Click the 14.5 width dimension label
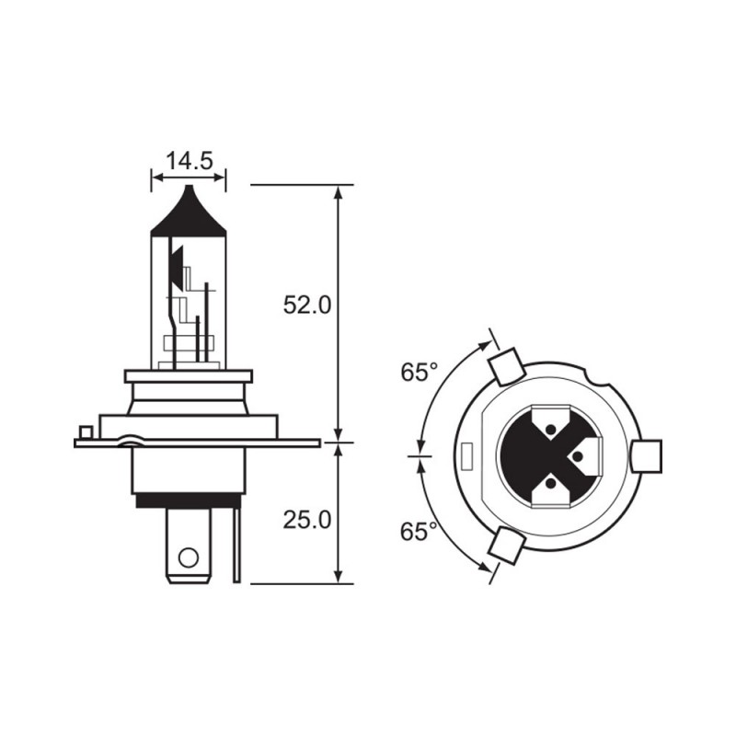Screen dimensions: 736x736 [x=189, y=162]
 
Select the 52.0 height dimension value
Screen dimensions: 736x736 [x=306, y=305]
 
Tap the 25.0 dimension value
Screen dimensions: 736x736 [x=306, y=520]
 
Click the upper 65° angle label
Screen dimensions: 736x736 [x=420, y=373]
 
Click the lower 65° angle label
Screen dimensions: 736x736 [x=420, y=532]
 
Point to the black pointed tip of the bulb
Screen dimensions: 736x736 [x=189, y=207]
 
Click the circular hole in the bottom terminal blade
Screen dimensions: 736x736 [x=189, y=557]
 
